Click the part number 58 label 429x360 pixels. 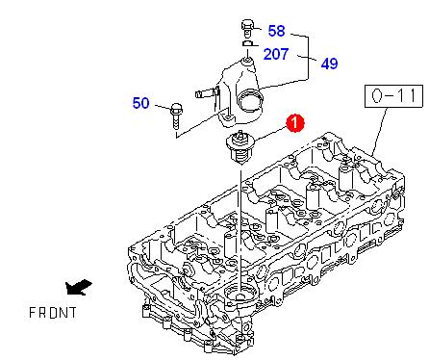click(x=276, y=31)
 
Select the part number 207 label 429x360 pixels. click(x=276, y=54)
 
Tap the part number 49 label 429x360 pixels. click(x=329, y=64)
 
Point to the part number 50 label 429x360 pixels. click(x=140, y=103)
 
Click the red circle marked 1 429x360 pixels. click(x=295, y=123)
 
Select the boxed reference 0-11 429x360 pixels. click(x=393, y=96)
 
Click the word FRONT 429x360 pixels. click(x=53, y=313)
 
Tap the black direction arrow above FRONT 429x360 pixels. click(x=78, y=287)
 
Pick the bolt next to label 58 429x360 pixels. click(x=247, y=29)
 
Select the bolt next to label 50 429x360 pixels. click(x=176, y=116)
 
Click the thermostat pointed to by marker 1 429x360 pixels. click(x=240, y=147)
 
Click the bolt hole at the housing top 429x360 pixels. click(x=248, y=60)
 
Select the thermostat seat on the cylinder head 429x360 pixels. click(x=240, y=294)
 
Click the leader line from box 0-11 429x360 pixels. click(x=380, y=132)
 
